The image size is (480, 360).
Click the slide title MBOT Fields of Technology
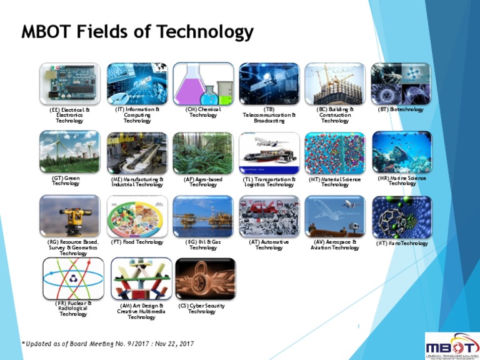137,32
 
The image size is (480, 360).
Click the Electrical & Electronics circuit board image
69,84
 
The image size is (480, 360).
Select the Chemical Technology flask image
203,84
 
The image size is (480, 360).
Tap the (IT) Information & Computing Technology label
137,115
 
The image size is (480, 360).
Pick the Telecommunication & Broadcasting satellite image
269,84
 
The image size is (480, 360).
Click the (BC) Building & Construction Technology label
335,115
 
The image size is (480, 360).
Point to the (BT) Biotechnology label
401,109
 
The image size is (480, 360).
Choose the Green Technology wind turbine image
69,152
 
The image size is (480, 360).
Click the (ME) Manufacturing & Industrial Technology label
137,182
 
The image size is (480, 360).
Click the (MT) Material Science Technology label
335,182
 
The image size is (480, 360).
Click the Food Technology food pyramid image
137,216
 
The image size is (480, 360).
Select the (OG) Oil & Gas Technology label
203,244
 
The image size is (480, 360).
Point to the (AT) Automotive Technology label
269,244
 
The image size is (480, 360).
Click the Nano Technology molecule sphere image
402,216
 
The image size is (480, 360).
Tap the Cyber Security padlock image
206,279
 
